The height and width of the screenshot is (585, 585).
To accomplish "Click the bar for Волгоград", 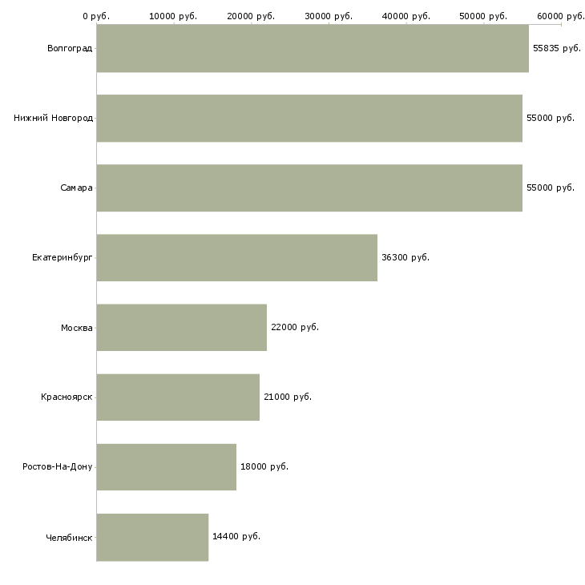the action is coord(313,48).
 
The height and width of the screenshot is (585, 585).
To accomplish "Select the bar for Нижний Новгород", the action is coord(309,118).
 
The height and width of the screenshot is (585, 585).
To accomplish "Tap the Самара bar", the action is coord(309,188).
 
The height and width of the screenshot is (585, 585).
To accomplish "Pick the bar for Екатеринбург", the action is coord(237,257).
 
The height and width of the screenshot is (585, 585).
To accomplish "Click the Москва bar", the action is coord(182,327).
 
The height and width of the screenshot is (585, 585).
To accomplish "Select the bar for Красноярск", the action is coord(178,397).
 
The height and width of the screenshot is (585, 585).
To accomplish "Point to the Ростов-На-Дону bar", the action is coord(167,466).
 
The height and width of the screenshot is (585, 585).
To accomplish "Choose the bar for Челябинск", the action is coord(152,537).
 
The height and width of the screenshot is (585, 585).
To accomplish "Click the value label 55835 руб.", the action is coord(557,49).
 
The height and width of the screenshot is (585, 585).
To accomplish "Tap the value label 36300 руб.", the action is coord(405,257).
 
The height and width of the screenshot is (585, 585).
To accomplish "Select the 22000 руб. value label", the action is coord(295,327).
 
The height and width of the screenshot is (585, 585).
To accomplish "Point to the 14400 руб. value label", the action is coord(236,536).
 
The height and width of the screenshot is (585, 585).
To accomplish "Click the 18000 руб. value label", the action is coord(264,466).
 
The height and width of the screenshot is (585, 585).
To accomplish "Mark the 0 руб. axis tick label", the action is coord(96,16).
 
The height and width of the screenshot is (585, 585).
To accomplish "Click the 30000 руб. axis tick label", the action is coord(329,16).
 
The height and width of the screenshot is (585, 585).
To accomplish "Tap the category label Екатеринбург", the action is coord(62,258).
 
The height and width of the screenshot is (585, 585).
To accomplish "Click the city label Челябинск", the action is coord(69,538).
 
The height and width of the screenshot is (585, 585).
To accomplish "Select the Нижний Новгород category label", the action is coord(53,118).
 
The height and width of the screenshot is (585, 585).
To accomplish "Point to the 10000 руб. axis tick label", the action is coord(173,16).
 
